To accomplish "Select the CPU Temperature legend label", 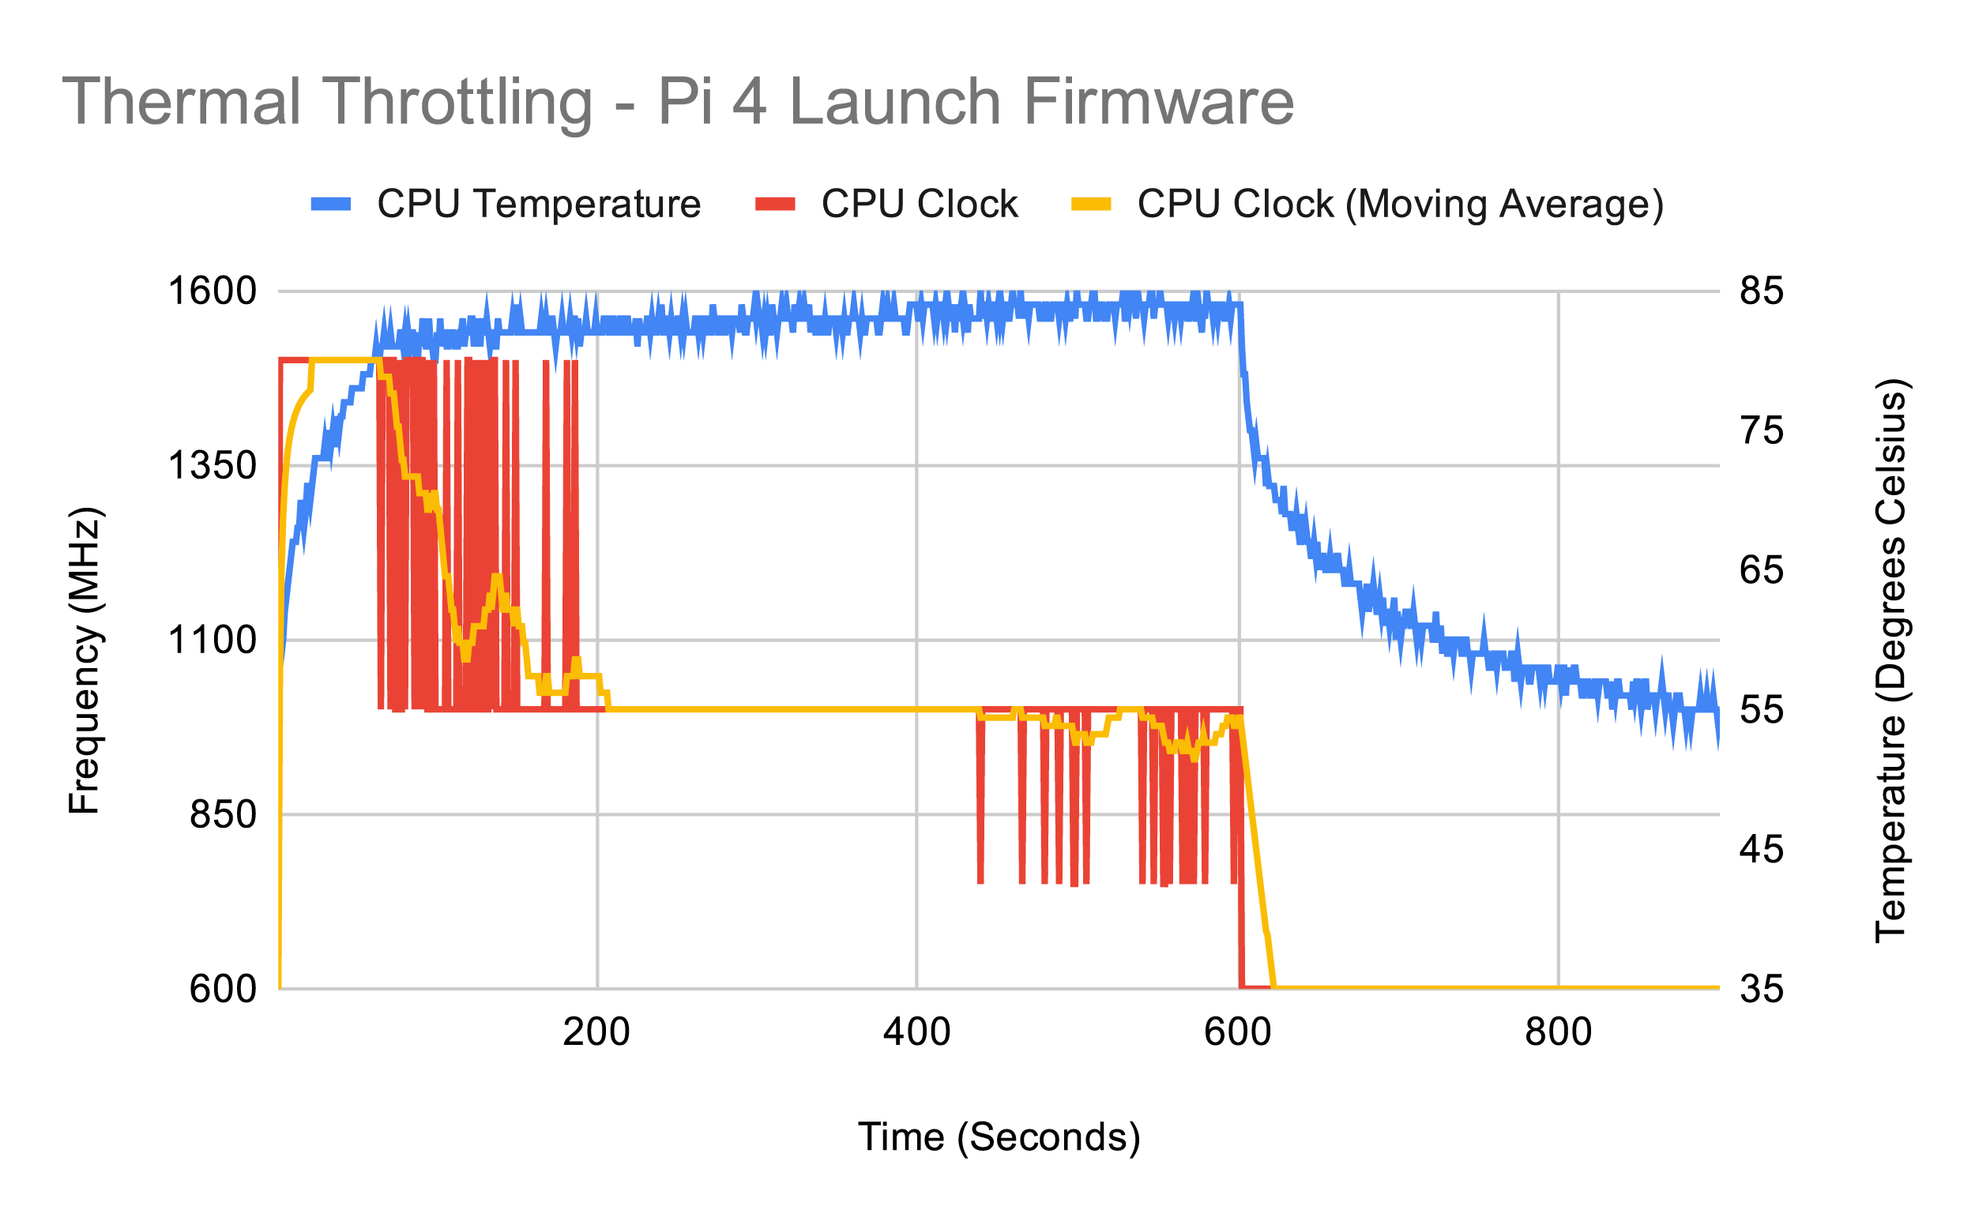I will click(x=539, y=204).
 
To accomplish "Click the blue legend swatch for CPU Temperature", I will click(x=331, y=204).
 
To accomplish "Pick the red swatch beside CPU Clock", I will click(x=776, y=204).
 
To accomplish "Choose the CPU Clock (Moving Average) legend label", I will click(x=1400, y=204).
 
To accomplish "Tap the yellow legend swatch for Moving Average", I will click(x=1090, y=204).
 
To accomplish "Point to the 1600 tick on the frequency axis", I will click(x=212, y=291).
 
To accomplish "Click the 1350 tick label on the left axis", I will click(x=212, y=466).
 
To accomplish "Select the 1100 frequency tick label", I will click(x=212, y=641).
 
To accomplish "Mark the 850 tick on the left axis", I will click(x=223, y=814).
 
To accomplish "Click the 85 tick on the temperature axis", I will click(x=1762, y=291).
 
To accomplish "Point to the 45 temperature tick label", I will click(x=1762, y=849).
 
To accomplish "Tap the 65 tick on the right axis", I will click(x=1762, y=570).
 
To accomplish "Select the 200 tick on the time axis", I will click(x=596, y=1032).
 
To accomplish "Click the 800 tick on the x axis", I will click(x=1558, y=1032).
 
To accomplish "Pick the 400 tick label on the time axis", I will click(x=917, y=1032).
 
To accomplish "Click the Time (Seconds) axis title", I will click(x=999, y=1137).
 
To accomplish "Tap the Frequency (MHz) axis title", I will click(x=84, y=659).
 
